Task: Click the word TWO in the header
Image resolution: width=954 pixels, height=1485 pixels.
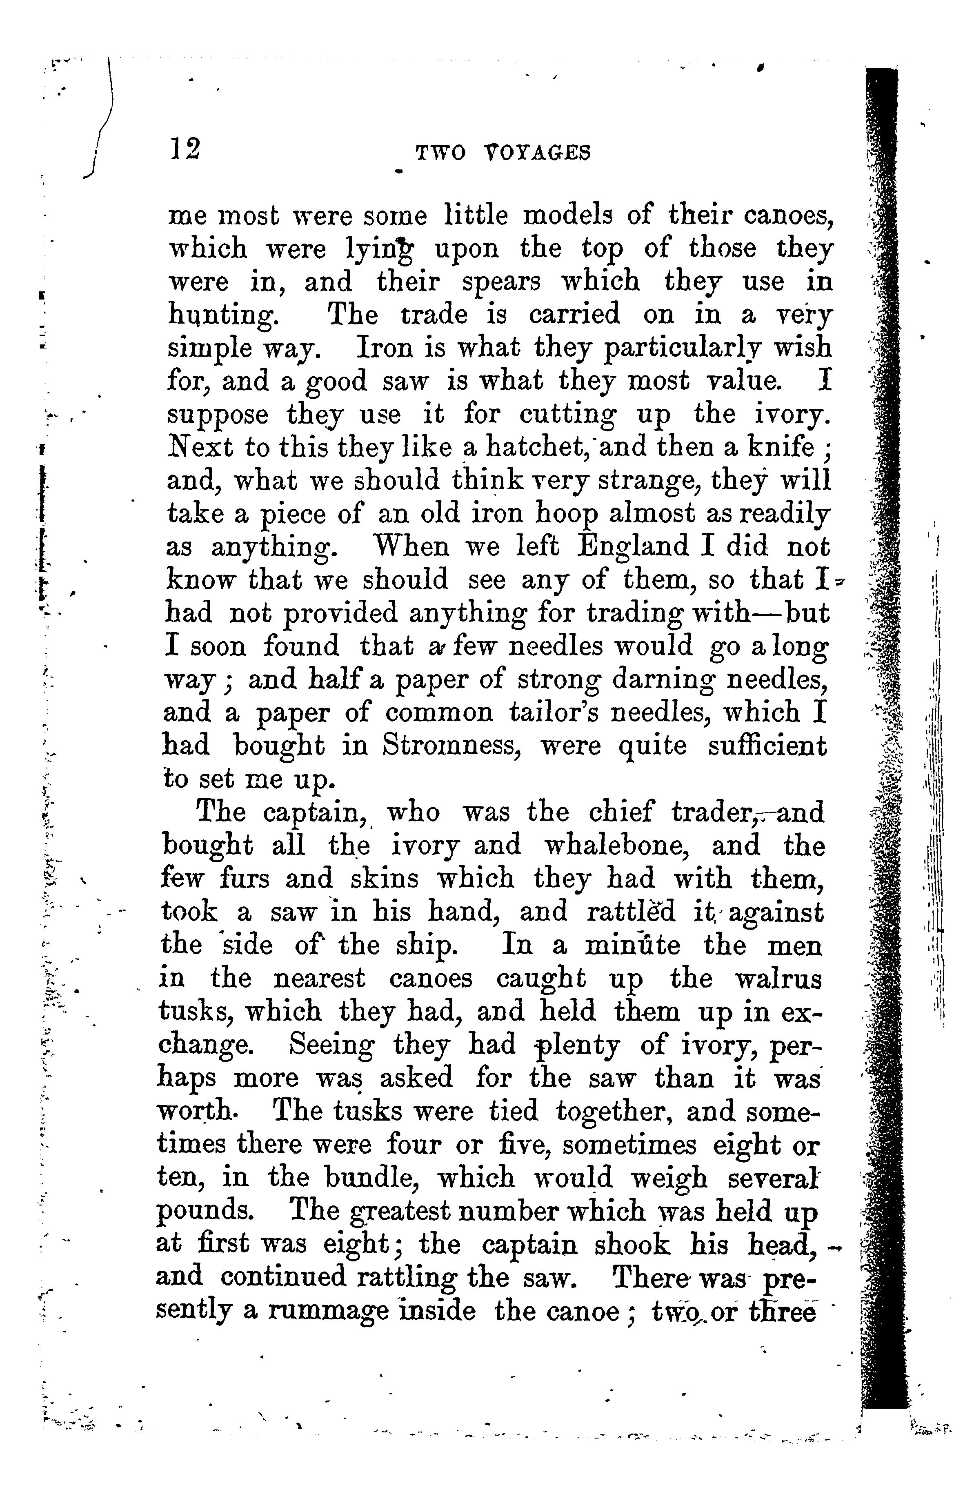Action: pyautogui.click(x=440, y=153)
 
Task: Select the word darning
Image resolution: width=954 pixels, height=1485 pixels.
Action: pyautogui.click(x=662, y=680)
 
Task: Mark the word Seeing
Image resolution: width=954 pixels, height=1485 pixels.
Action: pyautogui.click(x=331, y=1045)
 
